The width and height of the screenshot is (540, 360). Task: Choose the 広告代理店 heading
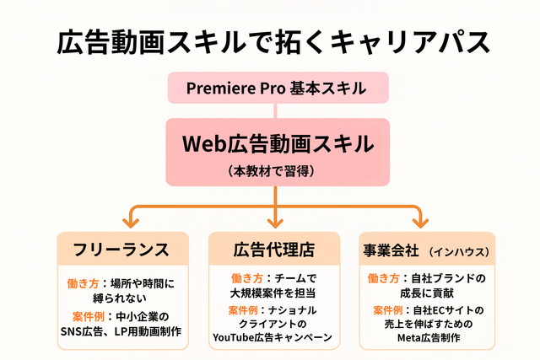pyautogui.click(x=273, y=250)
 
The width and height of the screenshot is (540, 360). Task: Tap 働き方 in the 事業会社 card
pyautogui.click(x=386, y=278)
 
